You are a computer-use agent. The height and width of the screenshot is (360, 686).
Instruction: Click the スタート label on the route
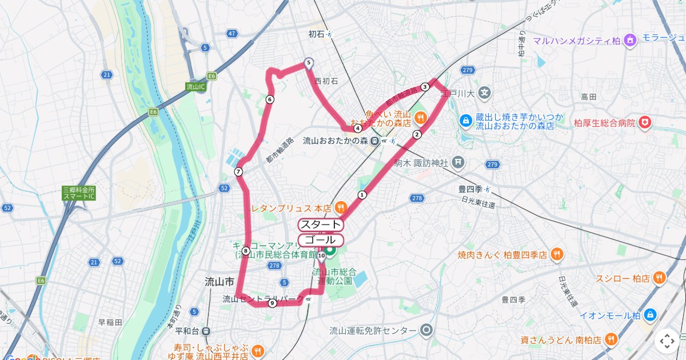(x=320, y=225)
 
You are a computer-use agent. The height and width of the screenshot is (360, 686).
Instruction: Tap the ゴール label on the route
(x=320, y=240)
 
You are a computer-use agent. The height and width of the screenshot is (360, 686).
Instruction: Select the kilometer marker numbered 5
(x=309, y=63)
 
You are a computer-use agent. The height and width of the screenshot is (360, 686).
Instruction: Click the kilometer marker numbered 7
(x=238, y=172)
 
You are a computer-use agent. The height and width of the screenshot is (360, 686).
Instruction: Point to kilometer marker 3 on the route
(x=425, y=87)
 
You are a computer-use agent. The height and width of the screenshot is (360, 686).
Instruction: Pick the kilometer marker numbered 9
(x=272, y=303)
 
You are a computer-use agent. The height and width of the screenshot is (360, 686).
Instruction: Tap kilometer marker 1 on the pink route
(x=362, y=195)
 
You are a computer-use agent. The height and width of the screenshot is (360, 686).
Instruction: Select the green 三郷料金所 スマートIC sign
(x=79, y=193)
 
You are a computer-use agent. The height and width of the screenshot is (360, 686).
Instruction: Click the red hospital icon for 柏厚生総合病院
(x=645, y=122)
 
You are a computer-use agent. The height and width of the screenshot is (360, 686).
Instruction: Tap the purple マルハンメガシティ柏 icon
(x=630, y=40)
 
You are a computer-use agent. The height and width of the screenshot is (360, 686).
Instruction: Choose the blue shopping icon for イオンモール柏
(x=651, y=315)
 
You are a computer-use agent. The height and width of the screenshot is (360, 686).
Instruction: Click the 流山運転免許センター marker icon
(x=426, y=330)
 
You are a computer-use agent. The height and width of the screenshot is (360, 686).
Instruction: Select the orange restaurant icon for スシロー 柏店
(x=660, y=278)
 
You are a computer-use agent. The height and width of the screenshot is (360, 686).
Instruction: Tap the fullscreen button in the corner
(x=667, y=341)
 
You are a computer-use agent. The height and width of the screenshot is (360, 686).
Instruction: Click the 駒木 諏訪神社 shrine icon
(x=458, y=163)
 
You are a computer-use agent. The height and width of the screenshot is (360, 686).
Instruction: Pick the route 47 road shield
(x=232, y=34)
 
